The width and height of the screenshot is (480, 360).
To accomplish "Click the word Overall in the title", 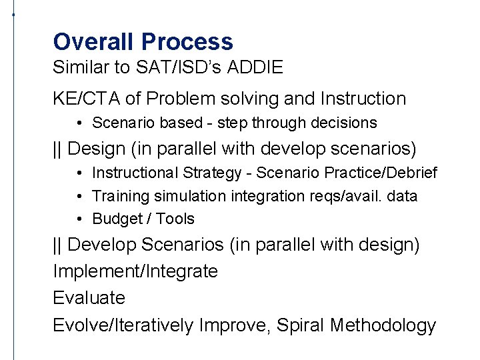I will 94,42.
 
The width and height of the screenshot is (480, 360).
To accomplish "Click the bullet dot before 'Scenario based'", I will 79,123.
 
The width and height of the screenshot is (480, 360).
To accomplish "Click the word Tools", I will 175,219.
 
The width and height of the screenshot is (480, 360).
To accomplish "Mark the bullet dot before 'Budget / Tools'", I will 79,219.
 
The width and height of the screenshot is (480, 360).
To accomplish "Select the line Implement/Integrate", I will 135,271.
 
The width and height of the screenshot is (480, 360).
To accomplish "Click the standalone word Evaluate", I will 89,298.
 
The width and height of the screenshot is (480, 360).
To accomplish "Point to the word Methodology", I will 383,325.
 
